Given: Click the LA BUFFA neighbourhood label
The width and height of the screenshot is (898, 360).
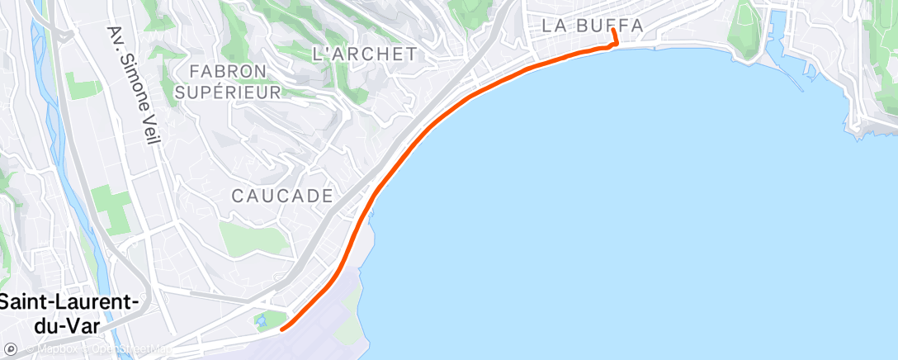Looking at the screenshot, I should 592,26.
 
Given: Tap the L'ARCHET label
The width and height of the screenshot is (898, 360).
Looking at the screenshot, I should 364,54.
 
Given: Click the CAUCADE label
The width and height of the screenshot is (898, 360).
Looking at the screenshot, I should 281,197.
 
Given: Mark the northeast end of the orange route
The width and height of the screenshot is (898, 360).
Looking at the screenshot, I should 613,31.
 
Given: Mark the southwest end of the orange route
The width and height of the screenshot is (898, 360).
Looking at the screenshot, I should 282,329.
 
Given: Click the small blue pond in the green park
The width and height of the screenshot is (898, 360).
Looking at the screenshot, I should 262,320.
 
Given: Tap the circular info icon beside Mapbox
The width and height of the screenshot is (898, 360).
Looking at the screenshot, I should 10,350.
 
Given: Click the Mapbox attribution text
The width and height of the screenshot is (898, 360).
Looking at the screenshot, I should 51,350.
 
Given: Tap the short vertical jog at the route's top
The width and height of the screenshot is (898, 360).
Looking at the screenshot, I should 616,38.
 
